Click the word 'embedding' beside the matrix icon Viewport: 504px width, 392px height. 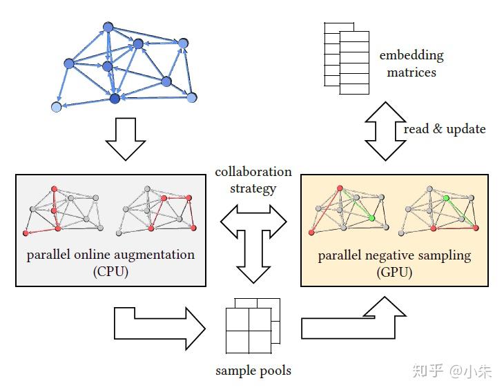pyautogui.click(x=411, y=56)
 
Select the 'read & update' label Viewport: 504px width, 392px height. pyautogui.click(x=445, y=129)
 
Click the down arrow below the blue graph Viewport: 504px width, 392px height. pyautogui.click(x=126, y=139)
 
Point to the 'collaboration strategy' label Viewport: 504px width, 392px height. pyautogui.click(x=253, y=179)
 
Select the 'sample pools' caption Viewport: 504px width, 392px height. pyautogui.click(x=253, y=371)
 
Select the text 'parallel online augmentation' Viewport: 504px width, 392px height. pyautogui.click(x=110, y=255)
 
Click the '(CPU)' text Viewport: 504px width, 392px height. pyautogui.click(x=110, y=271)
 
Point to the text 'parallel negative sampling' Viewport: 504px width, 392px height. pyautogui.click(x=394, y=255)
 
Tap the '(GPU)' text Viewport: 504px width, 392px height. pyautogui.click(x=394, y=272)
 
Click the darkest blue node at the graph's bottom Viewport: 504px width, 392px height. pyautogui.click(x=115, y=99)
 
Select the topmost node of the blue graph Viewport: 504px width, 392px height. pyautogui.click(x=108, y=27)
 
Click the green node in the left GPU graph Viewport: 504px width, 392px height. pyautogui.click(x=372, y=218)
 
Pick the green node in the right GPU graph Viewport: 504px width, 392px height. pyautogui.click(x=447, y=199)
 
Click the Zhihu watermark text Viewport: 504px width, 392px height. pyautogui.click(x=453, y=371)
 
